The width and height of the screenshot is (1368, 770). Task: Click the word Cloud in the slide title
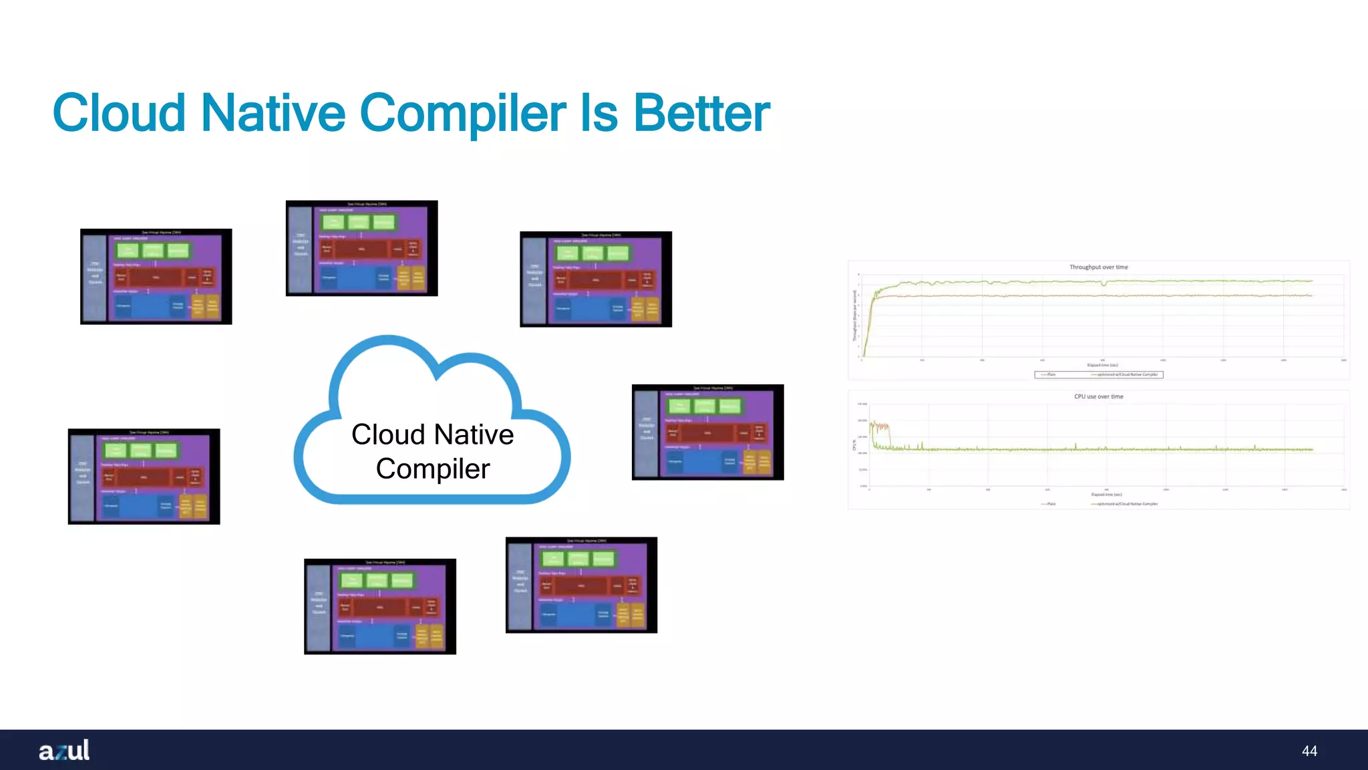[119, 112]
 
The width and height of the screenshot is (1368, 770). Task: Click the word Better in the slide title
[701, 112]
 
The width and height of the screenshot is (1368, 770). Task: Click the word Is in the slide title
[599, 112]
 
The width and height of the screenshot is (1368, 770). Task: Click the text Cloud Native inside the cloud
[432, 434]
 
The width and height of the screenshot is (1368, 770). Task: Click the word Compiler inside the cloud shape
[432, 469]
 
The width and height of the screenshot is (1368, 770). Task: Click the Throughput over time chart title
[1098, 267]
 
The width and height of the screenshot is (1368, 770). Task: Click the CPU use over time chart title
[1098, 396]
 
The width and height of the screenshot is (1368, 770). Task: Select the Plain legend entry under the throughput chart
[1051, 375]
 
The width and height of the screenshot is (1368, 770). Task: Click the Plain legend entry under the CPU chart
[1051, 504]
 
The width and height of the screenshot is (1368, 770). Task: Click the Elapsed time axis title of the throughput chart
[1102, 365]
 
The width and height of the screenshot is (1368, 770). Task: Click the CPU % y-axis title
[854, 444]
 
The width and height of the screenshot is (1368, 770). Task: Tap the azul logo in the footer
[64, 750]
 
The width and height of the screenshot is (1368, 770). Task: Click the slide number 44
[1309, 751]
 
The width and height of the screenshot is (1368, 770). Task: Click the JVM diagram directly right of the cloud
[707, 432]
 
